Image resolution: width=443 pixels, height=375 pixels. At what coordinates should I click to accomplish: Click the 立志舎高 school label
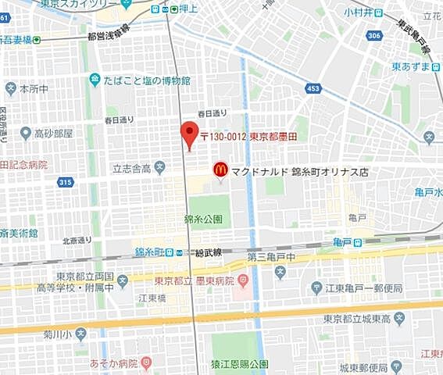pos(134,166)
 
